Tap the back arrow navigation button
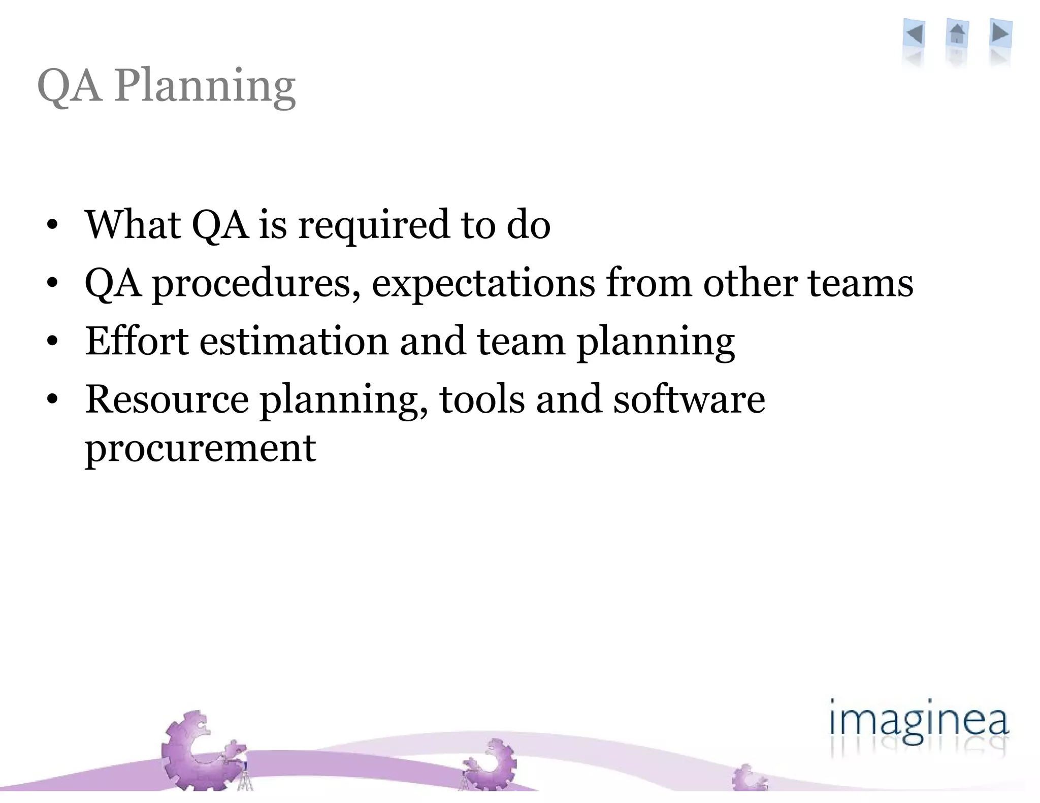click(x=915, y=35)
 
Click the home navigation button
click(x=957, y=35)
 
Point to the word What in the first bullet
click(x=133, y=224)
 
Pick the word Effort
click(x=137, y=341)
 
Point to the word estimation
click(x=294, y=341)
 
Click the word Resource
click(x=167, y=399)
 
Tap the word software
click(x=689, y=399)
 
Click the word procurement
click(x=201, y=449)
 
